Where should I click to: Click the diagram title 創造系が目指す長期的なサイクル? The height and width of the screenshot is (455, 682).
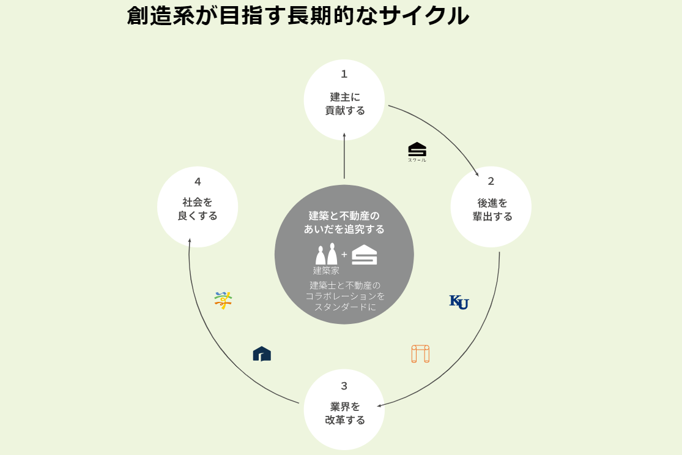pyautogui.click(x=298, y=16)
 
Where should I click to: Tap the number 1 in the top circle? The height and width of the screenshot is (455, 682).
pyautogui.click(x=344, y=74)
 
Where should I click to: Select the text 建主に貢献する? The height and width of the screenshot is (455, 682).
pyautogui.click(x=344, y=103)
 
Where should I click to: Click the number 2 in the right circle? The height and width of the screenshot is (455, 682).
pyautogui.click(x=491, y=181)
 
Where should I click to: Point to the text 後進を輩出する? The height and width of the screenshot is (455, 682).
pyautogui.click(x=492, y=209)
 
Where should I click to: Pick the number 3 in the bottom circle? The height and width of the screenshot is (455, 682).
pyautogui.click(x=344, y=386)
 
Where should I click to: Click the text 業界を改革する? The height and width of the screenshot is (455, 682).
pyautogui.click(x=344, y=413)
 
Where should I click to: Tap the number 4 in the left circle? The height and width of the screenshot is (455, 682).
pyautogui.click(x=198, y=181)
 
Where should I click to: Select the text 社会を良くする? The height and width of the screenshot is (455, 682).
pyautogui.click(x=198, y=209)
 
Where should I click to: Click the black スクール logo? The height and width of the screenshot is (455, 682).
pyautogui.click(x=417, y=151)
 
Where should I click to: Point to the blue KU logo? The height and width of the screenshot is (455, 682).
pyautogui.click(x=459, y=301)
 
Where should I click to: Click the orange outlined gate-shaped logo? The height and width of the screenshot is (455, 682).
pyautogui.click(x=420, y=354)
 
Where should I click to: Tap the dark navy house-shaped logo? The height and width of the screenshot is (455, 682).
pyautogui.click(x=262, y=354)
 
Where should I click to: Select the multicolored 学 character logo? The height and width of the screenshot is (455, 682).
pyautogui.click(x=223, y=300)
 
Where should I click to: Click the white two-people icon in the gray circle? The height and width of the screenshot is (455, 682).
pyautogui.click(x=327, y=254)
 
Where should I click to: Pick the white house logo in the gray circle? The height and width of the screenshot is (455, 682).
pyautogui.click(x=365, y=254)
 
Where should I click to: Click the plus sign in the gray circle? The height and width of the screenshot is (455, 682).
pyautogui.click(x=344, y=254)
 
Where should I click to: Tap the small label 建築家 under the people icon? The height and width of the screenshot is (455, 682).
pyautogui.click(x=327, y=270)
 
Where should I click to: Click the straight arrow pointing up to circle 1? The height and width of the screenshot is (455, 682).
pyautogui.click(x=344, y=156)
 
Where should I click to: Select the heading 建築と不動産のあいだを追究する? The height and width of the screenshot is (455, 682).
pyautogui.click(x=344, y=222)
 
